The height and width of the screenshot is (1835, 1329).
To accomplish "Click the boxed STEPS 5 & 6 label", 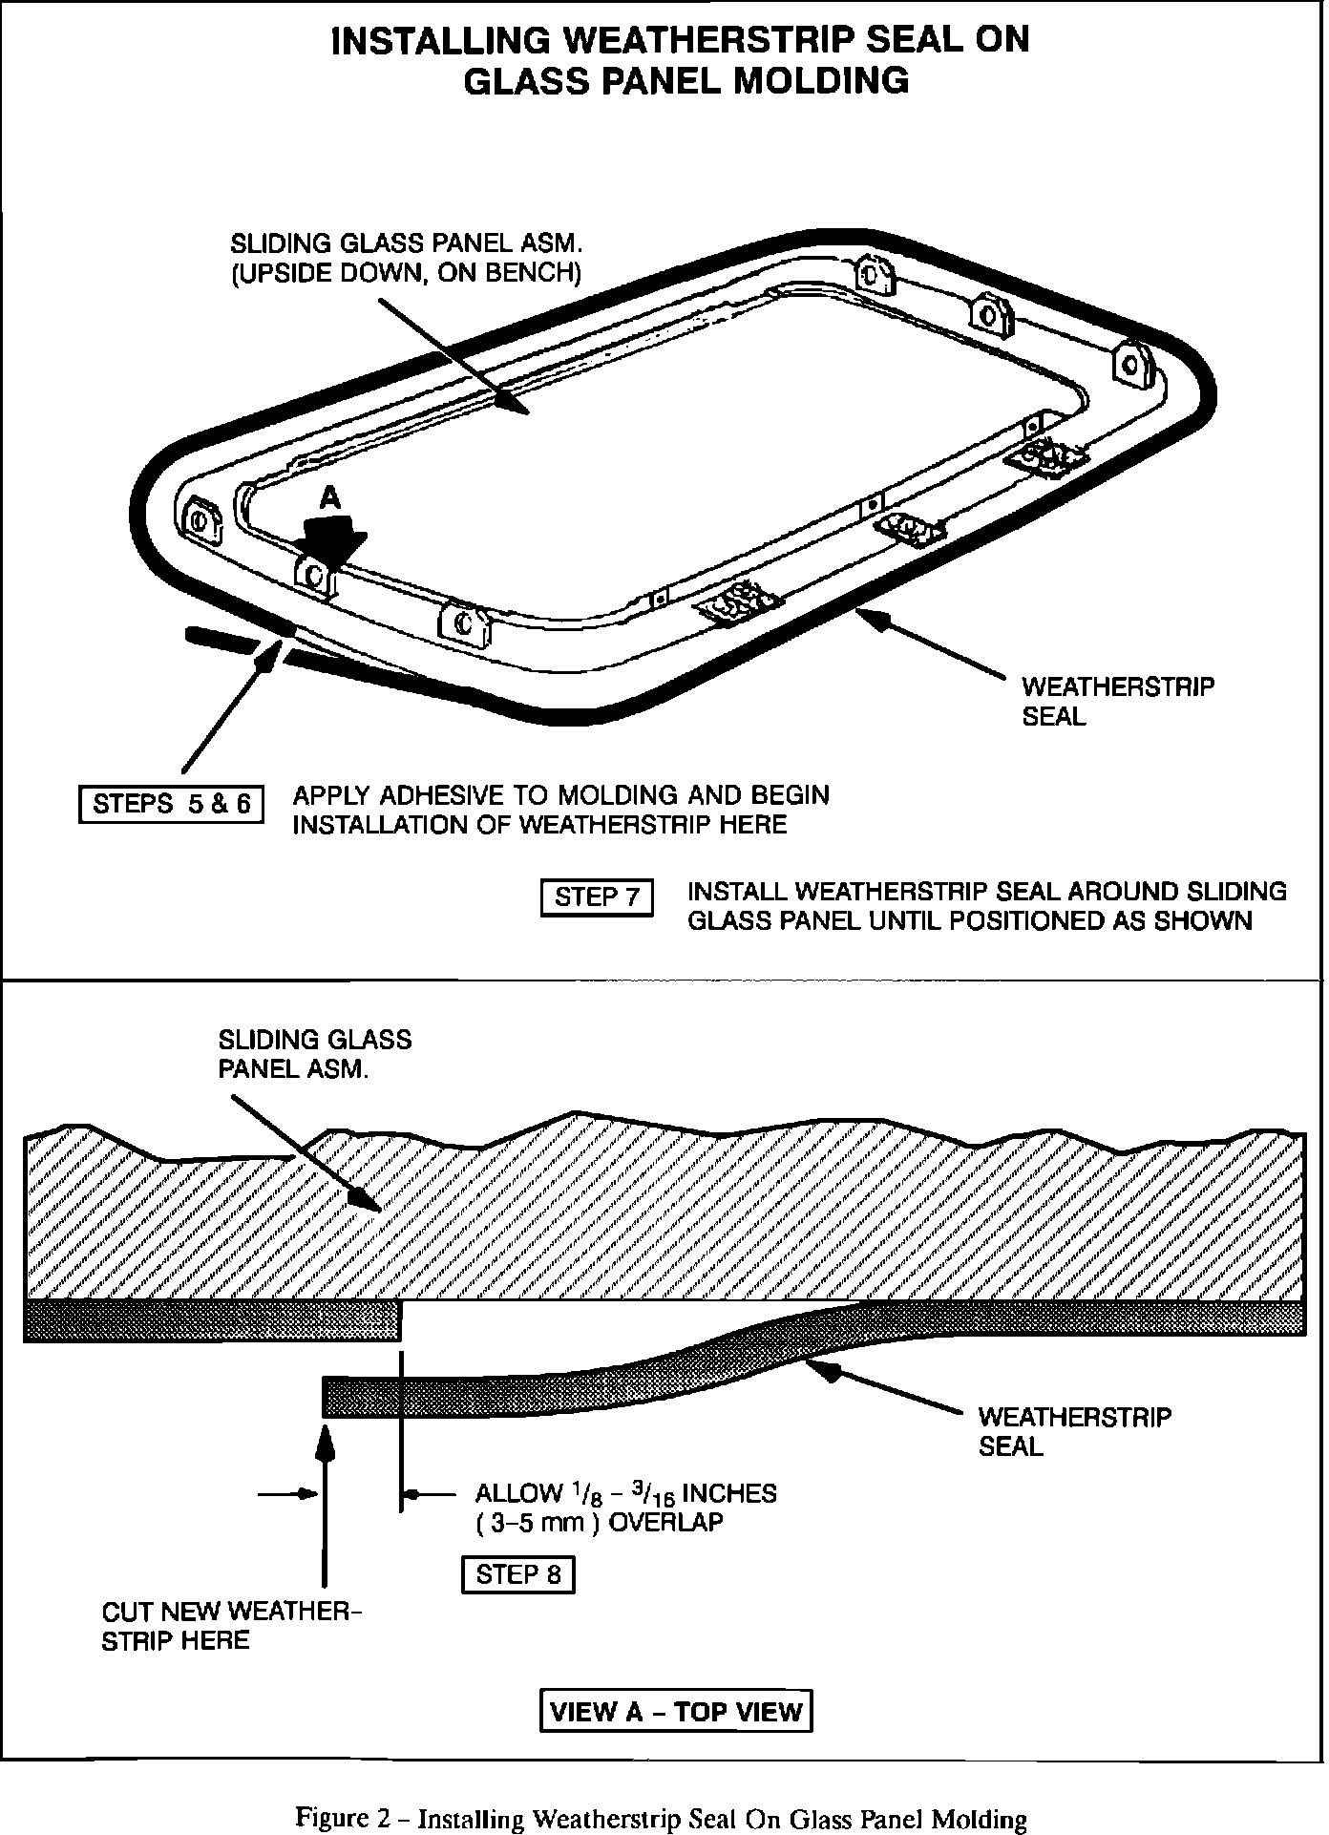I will tap(171, 803).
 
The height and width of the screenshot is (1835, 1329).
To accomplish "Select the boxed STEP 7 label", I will tap(597, 897).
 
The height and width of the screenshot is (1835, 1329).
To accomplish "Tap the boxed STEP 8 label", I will tap(517, 1573).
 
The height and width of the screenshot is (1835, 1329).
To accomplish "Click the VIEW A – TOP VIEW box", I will tap(676, 1710).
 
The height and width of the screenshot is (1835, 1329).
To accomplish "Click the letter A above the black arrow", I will tap(329, 497).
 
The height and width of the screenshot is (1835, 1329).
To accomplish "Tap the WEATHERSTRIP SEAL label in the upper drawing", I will tap(1117, 701).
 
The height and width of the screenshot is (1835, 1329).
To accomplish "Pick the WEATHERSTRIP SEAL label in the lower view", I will tap(1074, 1431).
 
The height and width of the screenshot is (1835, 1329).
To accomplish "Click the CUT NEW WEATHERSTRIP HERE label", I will tap(232, 1626).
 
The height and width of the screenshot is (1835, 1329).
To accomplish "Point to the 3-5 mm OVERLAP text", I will tap(600, 1522).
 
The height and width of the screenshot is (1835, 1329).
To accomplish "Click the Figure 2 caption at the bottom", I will tap(662, 1793).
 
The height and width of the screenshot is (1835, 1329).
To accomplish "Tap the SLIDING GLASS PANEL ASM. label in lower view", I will tap(314, 1053).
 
